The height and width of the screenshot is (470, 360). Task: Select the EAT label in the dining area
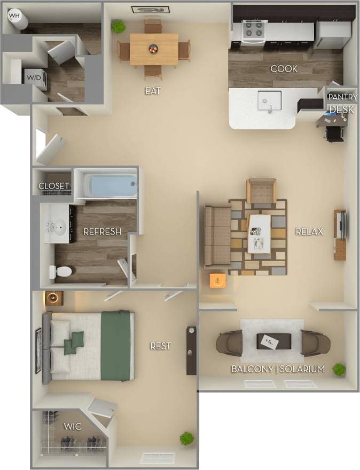click(153, 91)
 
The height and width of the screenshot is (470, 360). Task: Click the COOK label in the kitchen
click(284, 69)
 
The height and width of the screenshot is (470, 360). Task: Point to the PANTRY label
click(342, 97)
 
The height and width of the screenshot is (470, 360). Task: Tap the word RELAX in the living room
click(310, 231)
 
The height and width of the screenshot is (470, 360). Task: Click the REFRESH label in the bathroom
click(102, 232)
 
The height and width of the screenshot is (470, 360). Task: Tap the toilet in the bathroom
click(60, 272)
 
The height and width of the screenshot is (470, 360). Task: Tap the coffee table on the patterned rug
click(260, 233)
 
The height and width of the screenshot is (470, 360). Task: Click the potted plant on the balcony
click(338, 369)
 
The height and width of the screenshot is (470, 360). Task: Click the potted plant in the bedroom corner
click(186, 438)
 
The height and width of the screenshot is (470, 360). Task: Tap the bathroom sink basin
click(59, 226)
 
